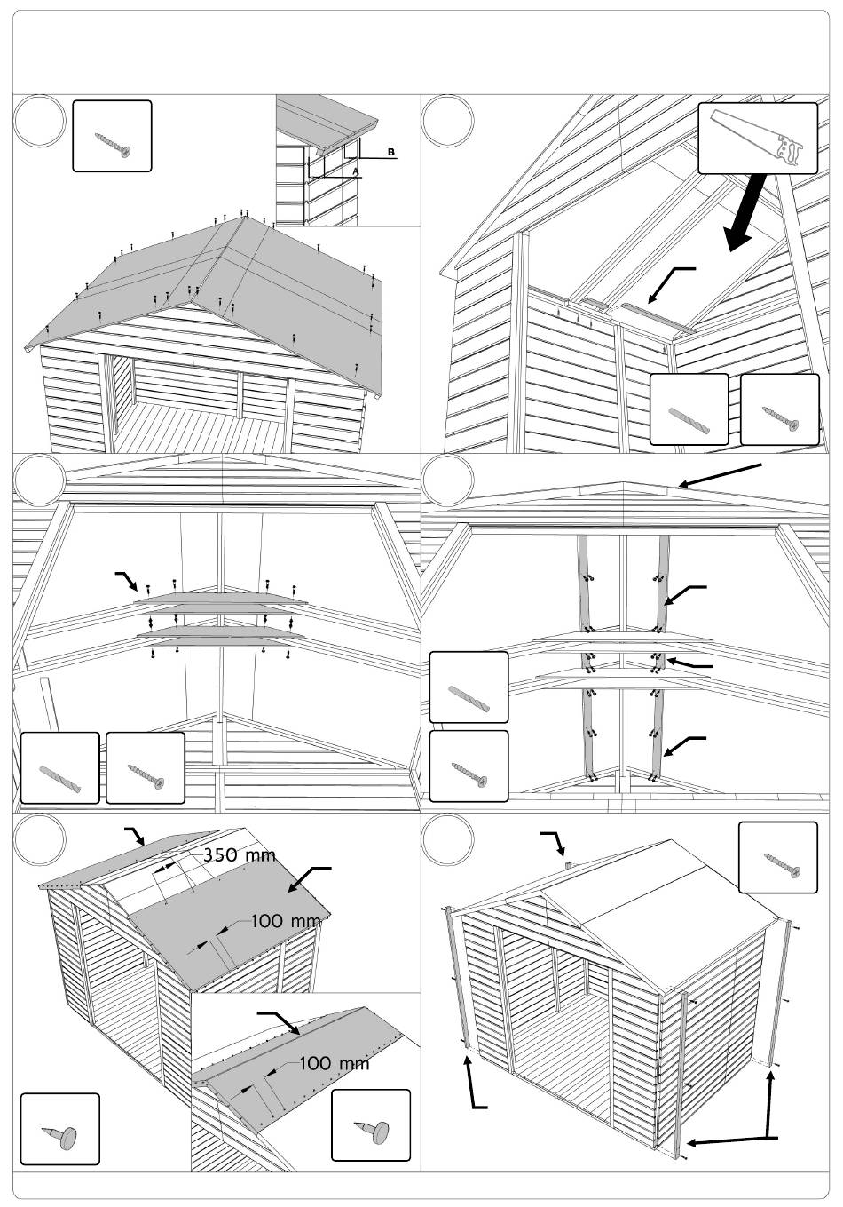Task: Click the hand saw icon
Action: pos(758,138)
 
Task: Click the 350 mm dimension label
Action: pos(239,855)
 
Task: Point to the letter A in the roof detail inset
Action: pos(355,170)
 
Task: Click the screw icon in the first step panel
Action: pos(112,136)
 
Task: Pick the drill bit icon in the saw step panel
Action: pos(689,409)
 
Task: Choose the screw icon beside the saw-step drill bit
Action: pos(779,409)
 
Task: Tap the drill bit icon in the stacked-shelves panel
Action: pos(59,768)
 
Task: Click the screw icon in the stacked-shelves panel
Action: pos(146,768)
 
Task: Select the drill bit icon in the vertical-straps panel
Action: pos(469,687)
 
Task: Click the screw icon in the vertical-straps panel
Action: pos(469,766)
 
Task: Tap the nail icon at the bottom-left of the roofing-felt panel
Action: pos(59,1129)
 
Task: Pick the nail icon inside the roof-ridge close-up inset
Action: pos(371,1125)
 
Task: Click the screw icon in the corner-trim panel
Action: pos(778,858)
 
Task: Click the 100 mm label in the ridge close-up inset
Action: pos(333,1062)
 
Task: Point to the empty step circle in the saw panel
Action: pos(448,123)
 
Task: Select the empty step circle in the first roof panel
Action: pos(40,123)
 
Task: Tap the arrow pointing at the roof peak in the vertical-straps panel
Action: pos(719,475)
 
